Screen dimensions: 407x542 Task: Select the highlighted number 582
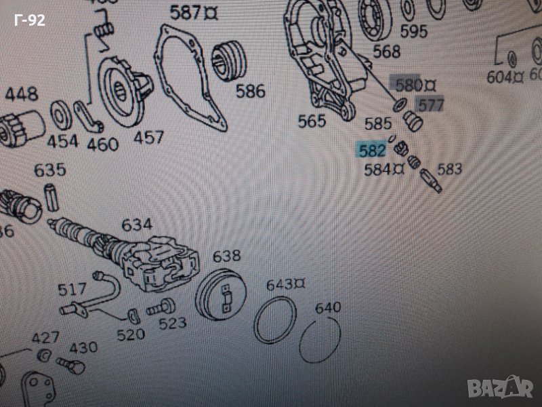(373, 150)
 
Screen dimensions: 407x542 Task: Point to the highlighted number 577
(430, 105)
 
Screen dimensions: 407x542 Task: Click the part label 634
(136, 225)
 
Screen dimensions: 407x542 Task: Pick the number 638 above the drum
(226, 256)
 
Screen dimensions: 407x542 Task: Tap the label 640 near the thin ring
(328, 309)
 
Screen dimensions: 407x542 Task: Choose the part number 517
(72, 289)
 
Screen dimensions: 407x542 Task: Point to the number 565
(312, 121)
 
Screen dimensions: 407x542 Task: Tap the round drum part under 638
(218, 297)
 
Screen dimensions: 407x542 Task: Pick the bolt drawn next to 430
(66, 365)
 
